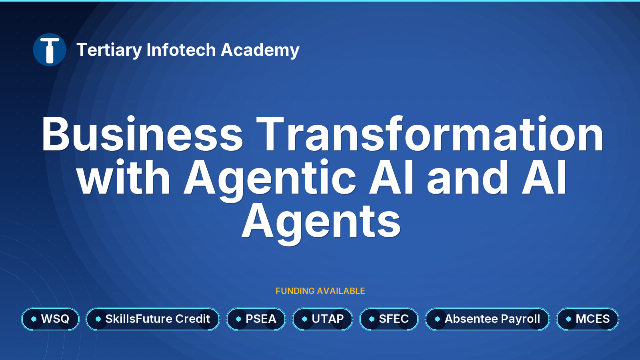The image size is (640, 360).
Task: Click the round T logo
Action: [x=50, y=50]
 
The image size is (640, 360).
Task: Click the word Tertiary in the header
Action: [x=109, y=50]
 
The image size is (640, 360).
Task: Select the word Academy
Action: [x=260, y=50]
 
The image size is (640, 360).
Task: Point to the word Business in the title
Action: [x=142, y=134]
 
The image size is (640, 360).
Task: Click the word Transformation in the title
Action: [x=430, y=133]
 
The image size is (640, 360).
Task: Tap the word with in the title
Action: [x=124, y=176]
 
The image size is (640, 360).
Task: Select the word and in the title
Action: [x=468, y=176]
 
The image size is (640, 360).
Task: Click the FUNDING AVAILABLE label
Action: [x=320, y=291]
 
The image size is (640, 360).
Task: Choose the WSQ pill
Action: [x=50, y=319]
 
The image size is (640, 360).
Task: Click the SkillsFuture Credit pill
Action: [x=153, y=319]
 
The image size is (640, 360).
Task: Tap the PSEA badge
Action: [x=256, y=319]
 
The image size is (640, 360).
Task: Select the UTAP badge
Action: [x=322, y=319]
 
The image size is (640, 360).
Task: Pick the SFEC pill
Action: [x=389, y=319]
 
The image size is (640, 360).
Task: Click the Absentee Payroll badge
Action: [x=488, y=319]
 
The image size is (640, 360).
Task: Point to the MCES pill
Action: [x=588, y=319]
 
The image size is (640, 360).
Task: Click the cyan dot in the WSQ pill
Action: [x=34, y=319]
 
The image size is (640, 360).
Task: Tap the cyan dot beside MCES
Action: [x=568, y=319]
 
